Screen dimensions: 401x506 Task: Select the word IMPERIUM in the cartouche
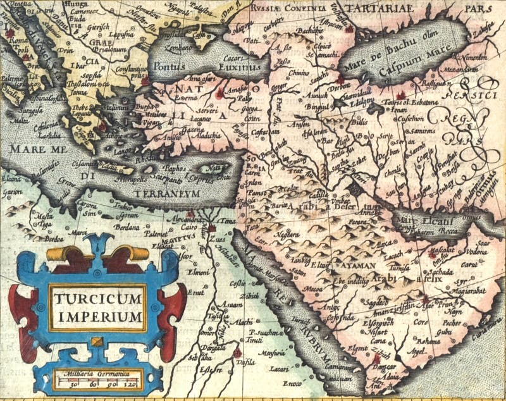pos(97,315)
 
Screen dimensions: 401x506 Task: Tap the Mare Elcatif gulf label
pos(420,221)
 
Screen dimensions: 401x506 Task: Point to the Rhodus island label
pos(152,159)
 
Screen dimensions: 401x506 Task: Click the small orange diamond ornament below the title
pos(97,342)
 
